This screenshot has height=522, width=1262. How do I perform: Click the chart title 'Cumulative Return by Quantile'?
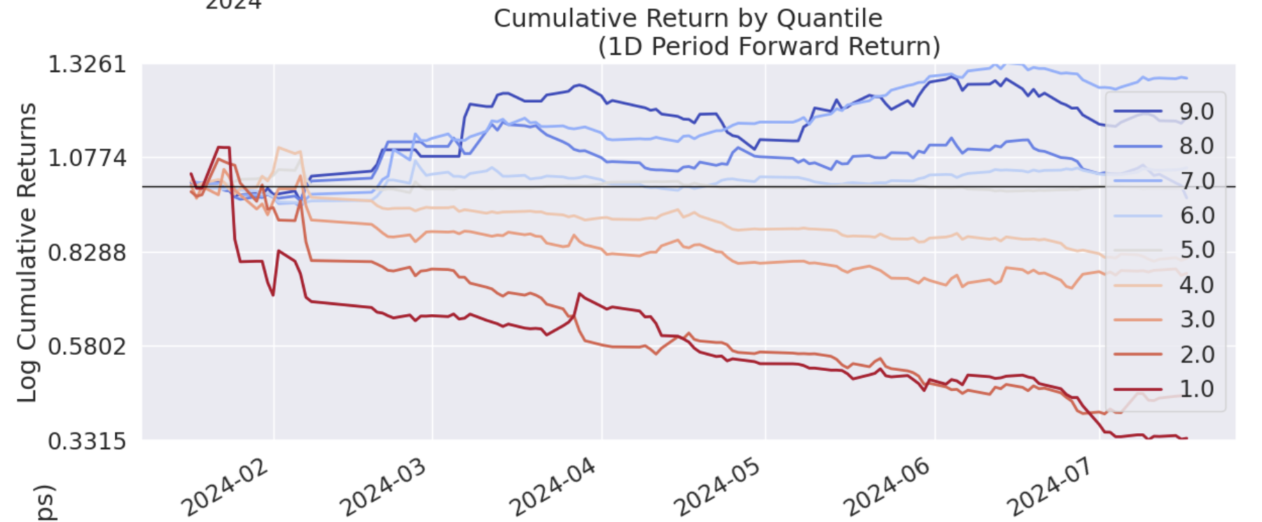pyautogui.click(x=688, y=18)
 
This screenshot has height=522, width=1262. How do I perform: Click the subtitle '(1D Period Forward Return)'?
pyautogui.click(x=768, y=47)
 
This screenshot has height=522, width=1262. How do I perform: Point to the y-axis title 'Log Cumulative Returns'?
pyautogui.click(x=27, y=252)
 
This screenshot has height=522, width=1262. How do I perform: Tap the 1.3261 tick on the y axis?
pyautogui.click(x=87, y=64)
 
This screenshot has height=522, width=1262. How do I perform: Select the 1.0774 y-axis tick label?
pyautogui.click(x=87, y=158)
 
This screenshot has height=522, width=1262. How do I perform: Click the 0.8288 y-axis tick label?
pyautogui.click(x=87, y=252)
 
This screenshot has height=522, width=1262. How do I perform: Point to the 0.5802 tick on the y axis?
pyautogui.click(x=87, y=346)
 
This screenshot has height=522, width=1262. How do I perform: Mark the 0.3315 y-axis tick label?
pyautogui.click(x=87, y=441)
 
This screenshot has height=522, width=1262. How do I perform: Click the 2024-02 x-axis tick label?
pyautogui.click(x=225, y=488)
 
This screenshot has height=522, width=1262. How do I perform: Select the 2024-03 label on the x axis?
pyautogui.click(x=383, y=488)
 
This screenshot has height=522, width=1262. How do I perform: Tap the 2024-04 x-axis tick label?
pyautogui.click(x=553, y=488)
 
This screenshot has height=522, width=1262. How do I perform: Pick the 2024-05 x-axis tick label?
pyautogui.click(x=716, y=488)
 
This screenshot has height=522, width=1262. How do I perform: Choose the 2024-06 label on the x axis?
pyautogui.click(x=886, y=488)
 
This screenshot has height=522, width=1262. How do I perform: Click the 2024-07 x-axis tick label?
pyautogui.click(x=1050, y=488)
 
